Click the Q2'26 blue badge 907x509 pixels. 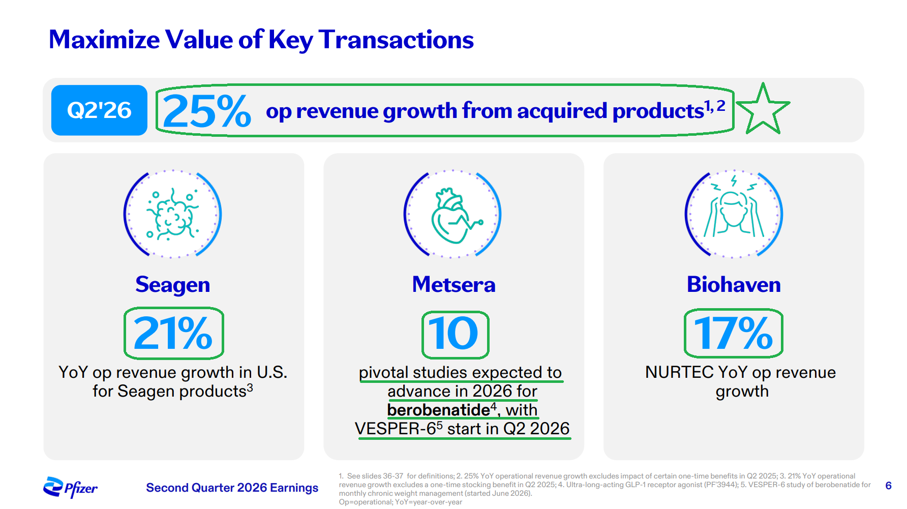click(99, 110)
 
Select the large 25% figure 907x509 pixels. click(207, 111)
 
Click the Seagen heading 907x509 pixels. click(172, 285)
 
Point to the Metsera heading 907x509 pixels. click(453, 284)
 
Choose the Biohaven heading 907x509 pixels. click(734, 284)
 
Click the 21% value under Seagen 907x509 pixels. click(173, 334)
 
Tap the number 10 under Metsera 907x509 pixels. click(453, 334)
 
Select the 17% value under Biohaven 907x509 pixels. click(733, 334)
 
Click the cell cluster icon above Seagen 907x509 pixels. click(172, 214)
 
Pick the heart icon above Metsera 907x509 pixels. click(454, 215)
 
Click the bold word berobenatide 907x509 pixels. click(438, 410)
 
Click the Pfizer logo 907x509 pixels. click(70, 487)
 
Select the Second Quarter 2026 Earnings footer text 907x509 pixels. click(232, 488)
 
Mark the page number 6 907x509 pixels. click(888, 486)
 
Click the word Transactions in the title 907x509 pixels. click(396, 40)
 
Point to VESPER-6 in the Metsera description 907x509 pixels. click(396, 429)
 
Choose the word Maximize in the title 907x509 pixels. click(104, 40)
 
